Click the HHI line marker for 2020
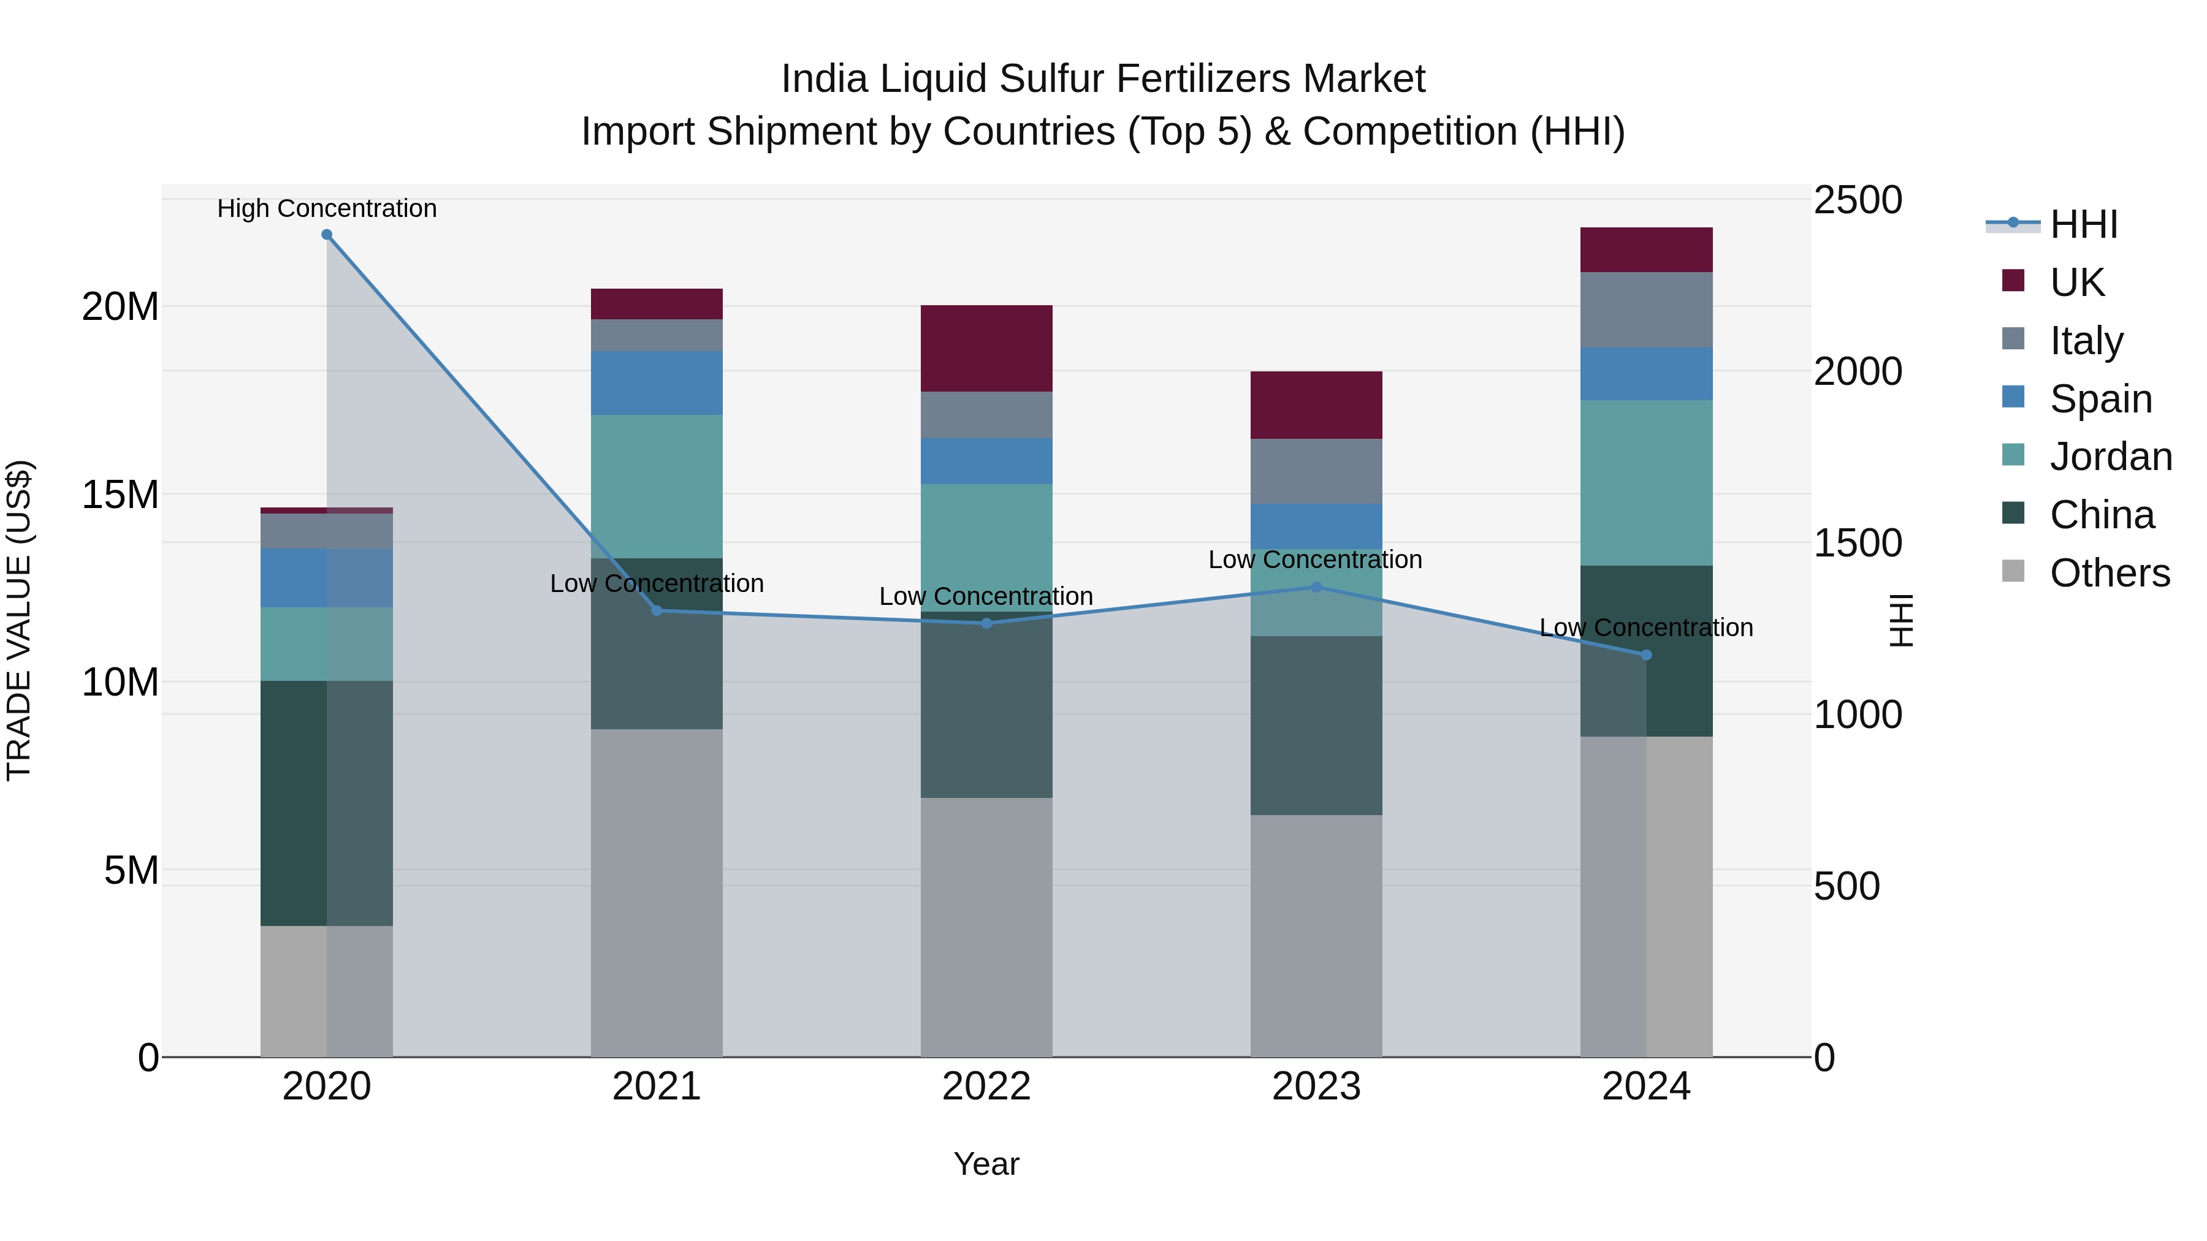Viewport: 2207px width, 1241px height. [x=326, y=235]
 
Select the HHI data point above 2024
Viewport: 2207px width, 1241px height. [x=1646, y=655]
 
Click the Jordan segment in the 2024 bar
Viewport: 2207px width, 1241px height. [x=1646, y=482]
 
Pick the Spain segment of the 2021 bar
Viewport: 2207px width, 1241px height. [x=656, y=383]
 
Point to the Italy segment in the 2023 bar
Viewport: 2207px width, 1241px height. [x=1316, y=471]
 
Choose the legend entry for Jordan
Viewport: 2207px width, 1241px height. [x=2110, y=457]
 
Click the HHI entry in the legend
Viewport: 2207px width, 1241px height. [x=2083, y=224]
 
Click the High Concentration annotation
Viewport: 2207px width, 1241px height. [x=326, y=208]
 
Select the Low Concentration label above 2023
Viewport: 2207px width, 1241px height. [x=1315, y=560]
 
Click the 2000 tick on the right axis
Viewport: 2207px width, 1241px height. [x=1858, y=372]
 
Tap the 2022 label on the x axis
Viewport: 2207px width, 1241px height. [x=986, y=1087]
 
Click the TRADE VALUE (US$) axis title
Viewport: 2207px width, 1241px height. [x=19, y=620]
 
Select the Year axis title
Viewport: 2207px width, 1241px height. [x=986, y=1164]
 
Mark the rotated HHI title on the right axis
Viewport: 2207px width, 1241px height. [x=1901, y=620]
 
